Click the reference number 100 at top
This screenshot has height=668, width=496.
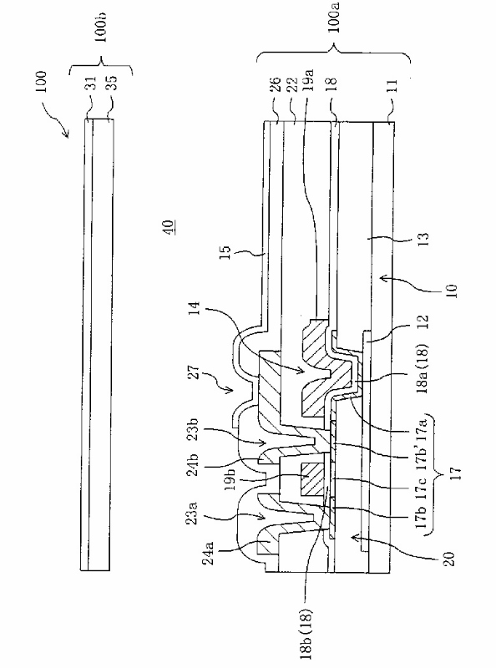point(42,85)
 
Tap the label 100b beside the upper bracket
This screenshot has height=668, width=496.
point(101,28)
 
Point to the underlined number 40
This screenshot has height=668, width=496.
point(169,226)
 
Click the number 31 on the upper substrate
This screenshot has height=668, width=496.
point(91,83)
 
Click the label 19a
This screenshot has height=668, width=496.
point(309,79)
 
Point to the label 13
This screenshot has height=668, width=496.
point(424,237)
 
